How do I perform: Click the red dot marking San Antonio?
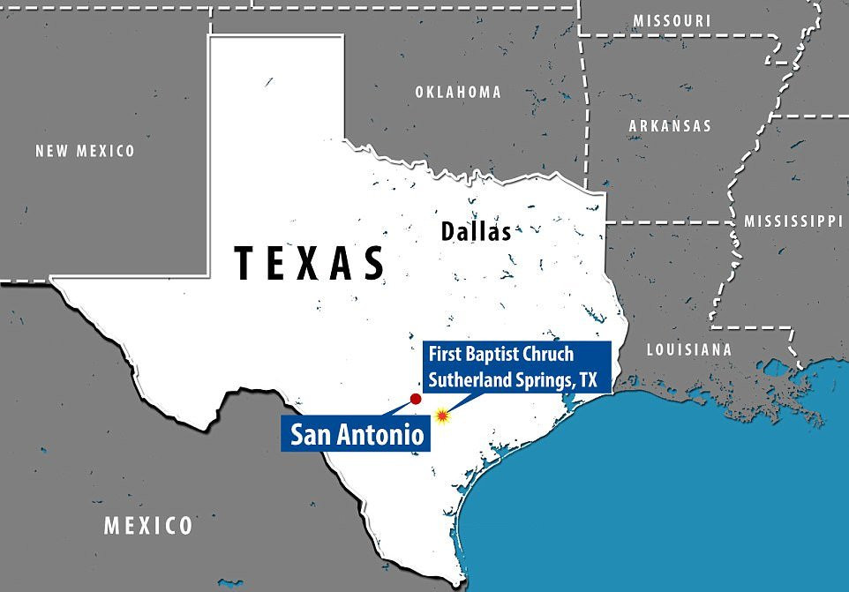pos(416,399)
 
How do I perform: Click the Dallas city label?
pos(476,232)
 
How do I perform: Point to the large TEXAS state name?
pos(310,263)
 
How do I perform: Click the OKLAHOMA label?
pos(457,92)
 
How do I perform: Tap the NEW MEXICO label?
pos(86,151)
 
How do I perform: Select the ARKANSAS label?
pos(670,126)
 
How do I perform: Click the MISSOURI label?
pos(672,20)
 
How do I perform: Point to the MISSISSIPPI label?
pos(793,221)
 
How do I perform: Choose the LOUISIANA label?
pos(689,350)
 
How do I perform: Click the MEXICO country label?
pos(148,526)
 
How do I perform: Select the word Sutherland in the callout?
pos(468,378)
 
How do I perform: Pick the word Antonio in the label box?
pos(382,434)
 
